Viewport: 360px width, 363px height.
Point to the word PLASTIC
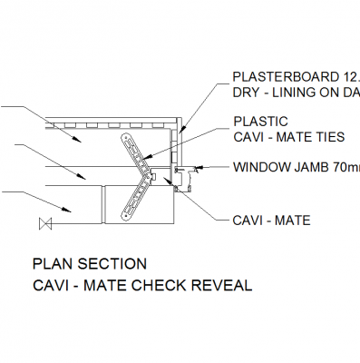[x=261, y=122]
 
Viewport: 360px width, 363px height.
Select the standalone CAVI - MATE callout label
[x=271, y=221]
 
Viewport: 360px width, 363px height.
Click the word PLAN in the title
[x=50, y=265]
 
